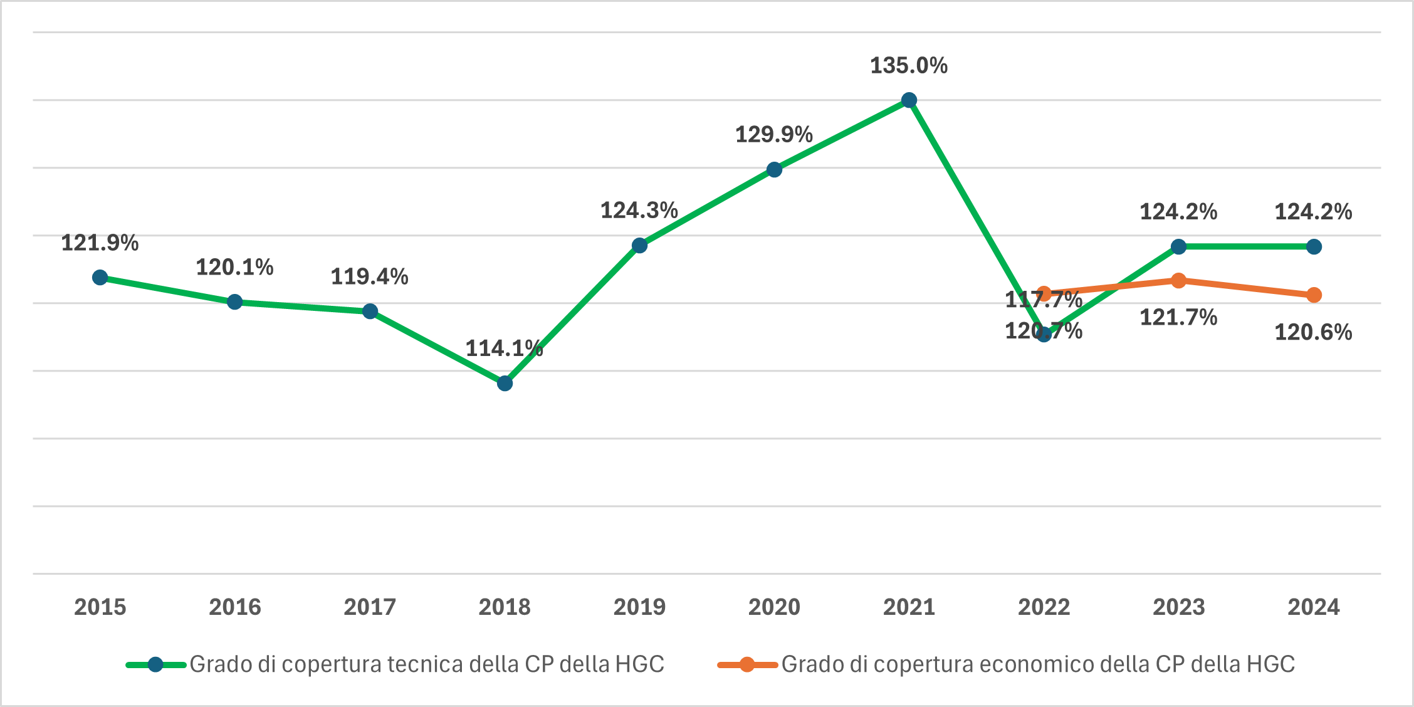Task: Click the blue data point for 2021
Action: tap(909, 100)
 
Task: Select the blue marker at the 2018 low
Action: tap(505, 383)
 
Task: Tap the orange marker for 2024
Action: tap(1314, 295)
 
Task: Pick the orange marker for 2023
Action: tap(1178, 280)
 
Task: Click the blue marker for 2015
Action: tap(100, 277)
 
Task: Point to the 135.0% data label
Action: tap(909, 66)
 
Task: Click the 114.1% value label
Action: tap(504, 348)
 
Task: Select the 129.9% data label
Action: tap(773, 135)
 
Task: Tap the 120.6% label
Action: tap(1313, 332)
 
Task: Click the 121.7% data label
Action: tap(1178, 318)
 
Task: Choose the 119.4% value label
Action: tap(369, 276)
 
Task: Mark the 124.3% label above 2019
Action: tap(639, 211)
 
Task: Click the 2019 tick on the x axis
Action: tap(639, 607)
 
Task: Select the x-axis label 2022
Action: tap(1044, 607)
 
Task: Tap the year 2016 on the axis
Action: tap(234, 607)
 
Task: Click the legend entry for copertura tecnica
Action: tap(426, 664)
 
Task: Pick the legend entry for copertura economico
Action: tap(1037, 664)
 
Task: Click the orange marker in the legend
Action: tap(746, 664)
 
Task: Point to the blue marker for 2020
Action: tap(774, 169)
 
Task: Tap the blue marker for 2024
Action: tap(1314, 246)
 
